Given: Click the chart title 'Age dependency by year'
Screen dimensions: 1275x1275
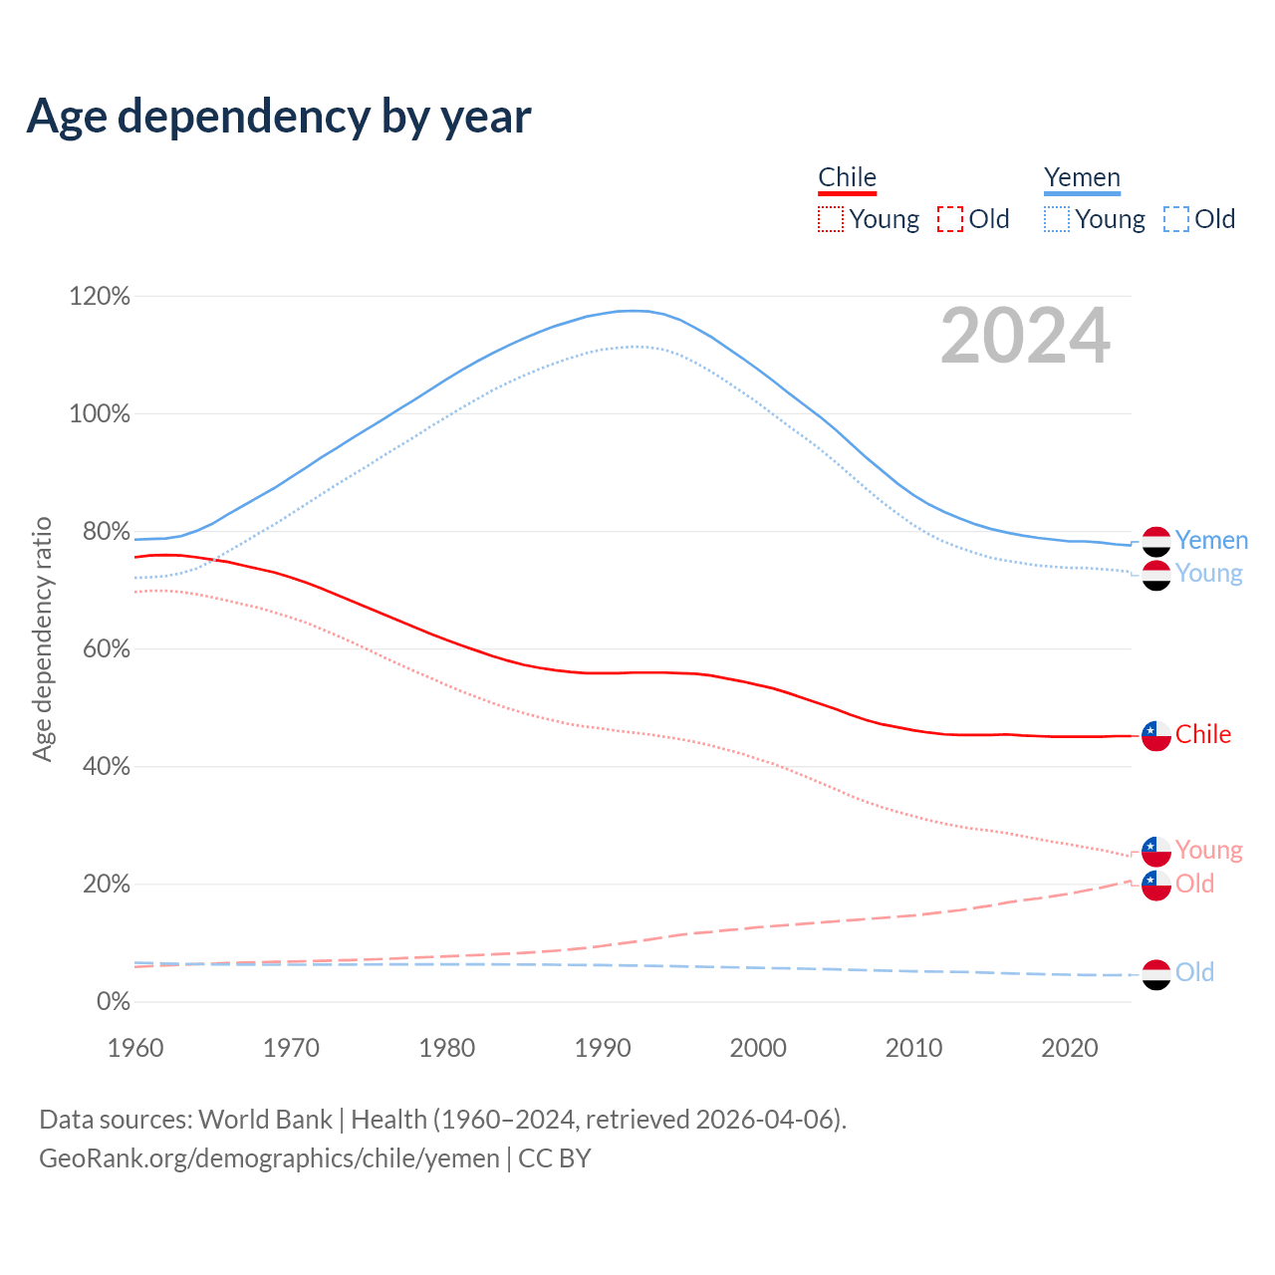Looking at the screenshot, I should [279, 117].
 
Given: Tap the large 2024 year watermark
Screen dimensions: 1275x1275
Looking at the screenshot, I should [1025, 337].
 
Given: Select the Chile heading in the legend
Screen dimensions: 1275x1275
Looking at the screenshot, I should [847, 177].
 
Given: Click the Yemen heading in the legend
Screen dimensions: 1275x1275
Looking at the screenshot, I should [1082, 177].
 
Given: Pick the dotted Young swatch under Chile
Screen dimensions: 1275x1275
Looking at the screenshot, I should [831, 219].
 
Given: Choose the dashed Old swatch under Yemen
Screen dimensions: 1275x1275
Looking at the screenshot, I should [1176, 219].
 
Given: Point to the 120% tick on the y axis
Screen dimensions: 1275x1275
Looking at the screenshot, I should [100, 297].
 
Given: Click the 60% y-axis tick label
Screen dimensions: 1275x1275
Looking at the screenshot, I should [100, 649].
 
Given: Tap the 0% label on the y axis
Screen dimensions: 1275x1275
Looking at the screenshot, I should [113, 1002].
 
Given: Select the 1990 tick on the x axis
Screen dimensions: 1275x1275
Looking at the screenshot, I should [603, 1048].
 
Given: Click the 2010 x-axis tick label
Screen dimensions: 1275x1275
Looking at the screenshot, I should [914, 1048].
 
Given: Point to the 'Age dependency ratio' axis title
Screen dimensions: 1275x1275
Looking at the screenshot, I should [42, 638].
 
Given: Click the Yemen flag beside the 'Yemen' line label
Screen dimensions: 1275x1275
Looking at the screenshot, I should [1155, 541].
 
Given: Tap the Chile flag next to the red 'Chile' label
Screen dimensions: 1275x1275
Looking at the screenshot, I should [1155, 735].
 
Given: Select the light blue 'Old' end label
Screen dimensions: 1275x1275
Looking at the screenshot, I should [1194, 973].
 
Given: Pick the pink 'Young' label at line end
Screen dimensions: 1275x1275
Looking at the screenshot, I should [1208, 851].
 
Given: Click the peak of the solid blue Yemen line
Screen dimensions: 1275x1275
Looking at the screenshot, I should [633, 311].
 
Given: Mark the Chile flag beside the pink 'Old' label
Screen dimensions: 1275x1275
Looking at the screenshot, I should [1155, 885].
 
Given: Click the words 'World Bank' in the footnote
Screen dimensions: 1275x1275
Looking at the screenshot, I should [265, 1120].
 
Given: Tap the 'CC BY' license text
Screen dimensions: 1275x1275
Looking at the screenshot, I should [555, 1158].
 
